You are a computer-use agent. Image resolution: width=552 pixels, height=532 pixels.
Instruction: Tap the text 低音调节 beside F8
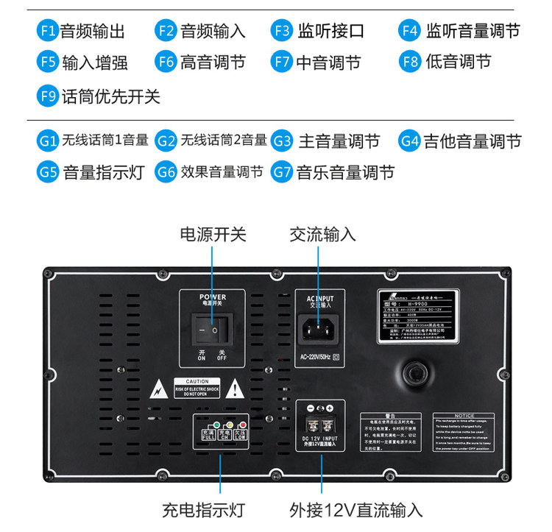(x=458, y=62)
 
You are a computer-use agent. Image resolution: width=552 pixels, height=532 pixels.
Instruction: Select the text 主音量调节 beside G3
(x=339, y=141)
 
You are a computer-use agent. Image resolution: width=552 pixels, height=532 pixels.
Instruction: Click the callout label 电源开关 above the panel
(x=213, y=235)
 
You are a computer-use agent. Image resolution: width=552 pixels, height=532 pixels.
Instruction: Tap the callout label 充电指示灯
(x=203, y=509)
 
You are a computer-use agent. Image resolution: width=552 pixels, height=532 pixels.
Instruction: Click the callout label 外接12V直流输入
(x=355, y=509)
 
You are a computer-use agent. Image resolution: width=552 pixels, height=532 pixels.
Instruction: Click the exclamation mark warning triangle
(x=235, y=388)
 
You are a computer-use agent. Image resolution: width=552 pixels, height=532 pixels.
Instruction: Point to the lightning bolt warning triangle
(x=157, y=388)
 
